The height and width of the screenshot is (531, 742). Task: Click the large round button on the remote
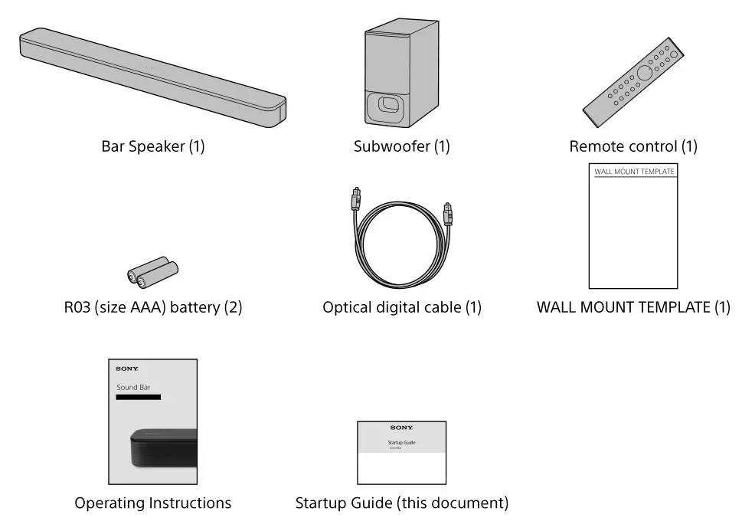point(643,74)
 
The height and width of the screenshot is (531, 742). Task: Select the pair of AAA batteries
point(152,273)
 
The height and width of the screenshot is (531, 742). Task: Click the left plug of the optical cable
point(355,201)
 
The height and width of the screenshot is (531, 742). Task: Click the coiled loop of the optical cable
point(398,253)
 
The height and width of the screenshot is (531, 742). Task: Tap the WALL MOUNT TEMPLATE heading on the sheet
point(634,172)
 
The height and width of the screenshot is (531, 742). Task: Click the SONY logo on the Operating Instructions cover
point(127,369)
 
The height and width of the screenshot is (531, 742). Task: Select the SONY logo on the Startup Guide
point(401,428)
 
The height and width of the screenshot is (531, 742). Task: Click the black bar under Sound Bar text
point(138,397)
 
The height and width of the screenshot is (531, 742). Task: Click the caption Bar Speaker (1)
point(153,146)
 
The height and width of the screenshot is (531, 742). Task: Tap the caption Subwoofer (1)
point(401,146)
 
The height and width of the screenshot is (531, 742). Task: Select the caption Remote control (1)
point(633,146)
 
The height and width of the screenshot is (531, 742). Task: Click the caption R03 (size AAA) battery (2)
point(153,308)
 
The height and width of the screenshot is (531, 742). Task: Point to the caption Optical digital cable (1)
point(402,308)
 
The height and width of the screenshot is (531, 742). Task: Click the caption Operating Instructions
point(152,503)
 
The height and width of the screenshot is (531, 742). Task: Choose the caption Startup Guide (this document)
point(401,503)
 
